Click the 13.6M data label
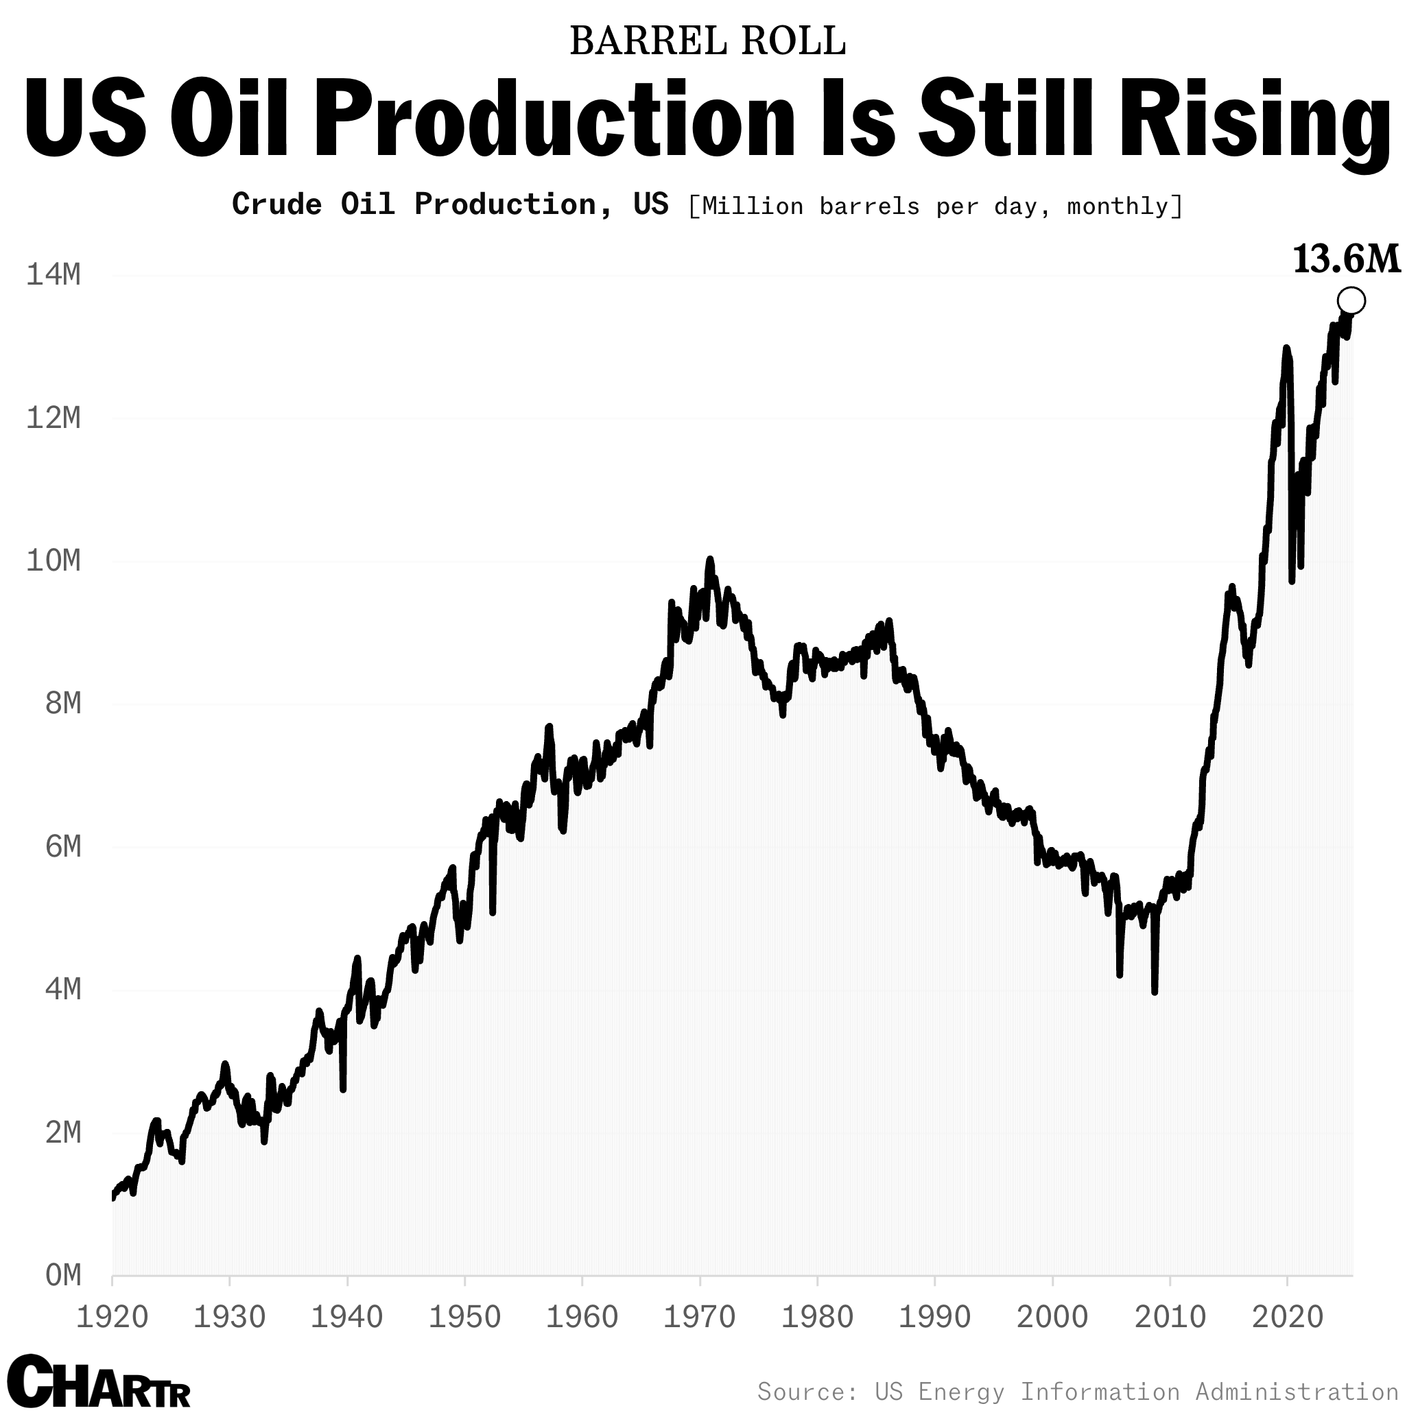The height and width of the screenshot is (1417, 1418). (x=1346, y=261)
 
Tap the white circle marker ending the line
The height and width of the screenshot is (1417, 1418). (x=1351, y=300)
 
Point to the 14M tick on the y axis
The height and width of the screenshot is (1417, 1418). (x=53, y=275)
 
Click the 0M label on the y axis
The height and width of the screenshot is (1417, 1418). (x=63, y=1276)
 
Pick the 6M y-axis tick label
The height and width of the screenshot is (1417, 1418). (x=63, y=847)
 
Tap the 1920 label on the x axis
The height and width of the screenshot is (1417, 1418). (x=113, y=1317)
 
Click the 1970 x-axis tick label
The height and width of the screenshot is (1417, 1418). (x=700, y=1317)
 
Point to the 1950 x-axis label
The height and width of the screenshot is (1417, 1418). (x=464, y=1317)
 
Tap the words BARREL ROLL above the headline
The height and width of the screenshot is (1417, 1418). (x=707, y=42)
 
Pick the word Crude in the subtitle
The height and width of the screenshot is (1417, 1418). (x=276, y=204)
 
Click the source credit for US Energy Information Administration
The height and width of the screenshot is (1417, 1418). (x=1078, y=1392)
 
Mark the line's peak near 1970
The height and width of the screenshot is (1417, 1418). (x=709, y=560)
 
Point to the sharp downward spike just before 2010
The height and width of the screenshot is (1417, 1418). (x=1155, y=991)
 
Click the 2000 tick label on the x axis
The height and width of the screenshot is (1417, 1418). (x=1052, y=1317)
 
